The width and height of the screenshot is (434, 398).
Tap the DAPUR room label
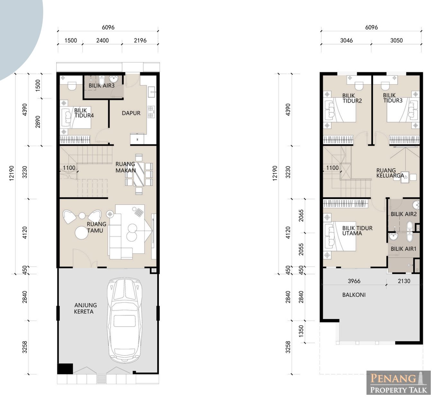click(131, 113)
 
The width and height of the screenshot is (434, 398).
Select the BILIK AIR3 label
click(102, 85)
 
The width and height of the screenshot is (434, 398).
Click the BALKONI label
click(354, 295)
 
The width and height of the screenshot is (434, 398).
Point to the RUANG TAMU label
click(96, 227)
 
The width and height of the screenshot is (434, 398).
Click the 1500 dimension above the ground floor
click(71, 41)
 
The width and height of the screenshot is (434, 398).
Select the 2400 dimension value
click(103, 41)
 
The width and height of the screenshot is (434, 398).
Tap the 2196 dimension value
click(140, 41)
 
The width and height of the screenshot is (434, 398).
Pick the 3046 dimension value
click(346, 41)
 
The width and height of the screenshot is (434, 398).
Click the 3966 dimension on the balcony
click(354, 281)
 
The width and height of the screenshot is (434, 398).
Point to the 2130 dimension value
click(404, 281)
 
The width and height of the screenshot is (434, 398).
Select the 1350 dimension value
click(301, 331)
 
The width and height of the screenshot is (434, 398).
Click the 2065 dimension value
click(301, 216)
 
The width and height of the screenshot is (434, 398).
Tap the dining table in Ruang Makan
click(139, 174)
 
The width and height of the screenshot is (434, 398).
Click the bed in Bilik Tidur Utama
click(340, 236)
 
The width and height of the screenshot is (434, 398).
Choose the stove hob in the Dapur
click(151, 112)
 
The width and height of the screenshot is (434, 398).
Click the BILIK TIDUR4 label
click(84, 113)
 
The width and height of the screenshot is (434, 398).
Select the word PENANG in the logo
click(393, 378)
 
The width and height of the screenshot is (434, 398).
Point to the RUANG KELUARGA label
click(390, 173)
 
